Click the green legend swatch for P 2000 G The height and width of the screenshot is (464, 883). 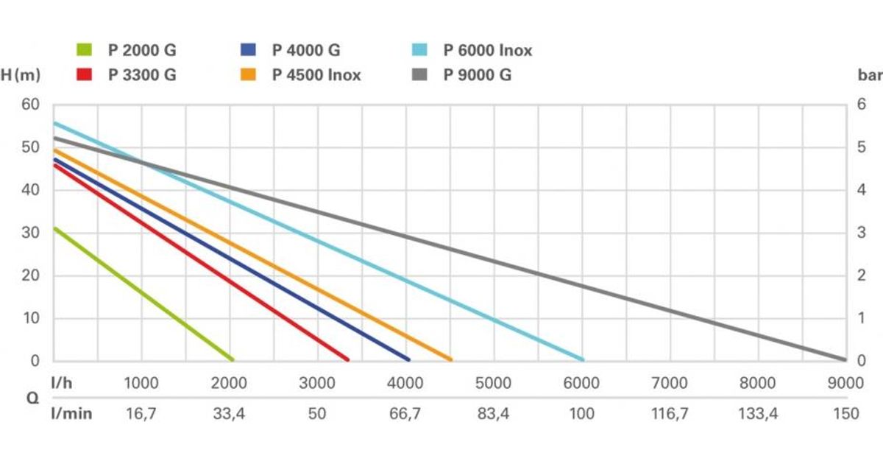point(84,51)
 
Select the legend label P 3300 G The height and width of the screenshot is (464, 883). point(142,74)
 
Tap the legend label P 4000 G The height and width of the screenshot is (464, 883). point(306,51)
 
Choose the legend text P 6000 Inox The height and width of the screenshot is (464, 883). point(487,51)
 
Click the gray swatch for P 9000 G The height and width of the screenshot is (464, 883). point(419,74)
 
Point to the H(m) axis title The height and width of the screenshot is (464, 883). point(21,75)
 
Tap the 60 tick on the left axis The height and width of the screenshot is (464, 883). point(30,105)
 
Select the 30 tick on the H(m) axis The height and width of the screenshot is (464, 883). point(30,233)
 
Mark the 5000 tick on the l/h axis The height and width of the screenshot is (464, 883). point(493,384)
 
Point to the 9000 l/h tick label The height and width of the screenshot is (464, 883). point(845,384)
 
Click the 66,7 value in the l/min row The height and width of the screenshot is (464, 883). point(405,414)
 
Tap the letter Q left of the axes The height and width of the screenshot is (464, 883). point(32,398)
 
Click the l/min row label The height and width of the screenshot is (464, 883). point(71,414)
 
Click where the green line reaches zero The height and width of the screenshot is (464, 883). point(233,360)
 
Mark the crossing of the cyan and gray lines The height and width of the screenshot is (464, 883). point(143,163)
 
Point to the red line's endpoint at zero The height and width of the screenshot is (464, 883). point(347,360)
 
